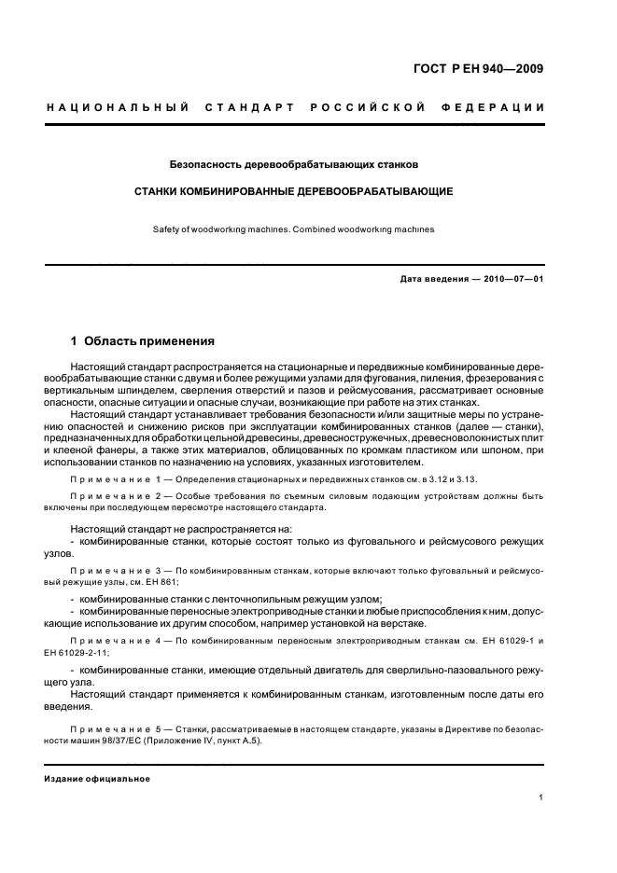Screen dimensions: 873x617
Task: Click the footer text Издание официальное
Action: pos(98,779)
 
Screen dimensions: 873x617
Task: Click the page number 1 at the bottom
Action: pos(541,797)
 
